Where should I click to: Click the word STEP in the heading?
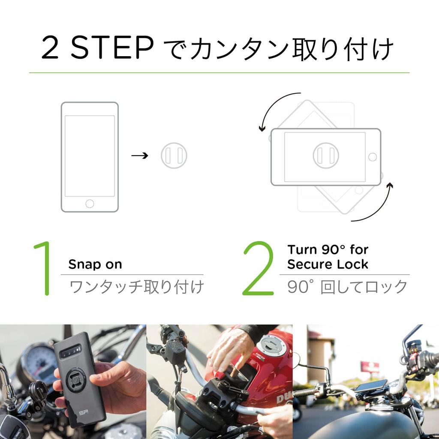tap(111, 48)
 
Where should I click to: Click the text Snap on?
tap(95, 265)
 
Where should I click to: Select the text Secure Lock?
tap(328, 264)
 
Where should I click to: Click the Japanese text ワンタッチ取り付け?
tap(136, 287)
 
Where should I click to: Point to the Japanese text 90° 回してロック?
tap(347, 287)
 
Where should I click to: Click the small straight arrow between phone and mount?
tap(139, 156)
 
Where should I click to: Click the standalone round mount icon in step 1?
tap(174, 156)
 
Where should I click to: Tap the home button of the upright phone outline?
tap(90, 204)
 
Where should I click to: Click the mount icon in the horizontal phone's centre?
tap(326, 156)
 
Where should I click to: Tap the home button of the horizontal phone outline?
tap(372, 157)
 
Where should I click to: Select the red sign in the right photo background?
tap(369, 367)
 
